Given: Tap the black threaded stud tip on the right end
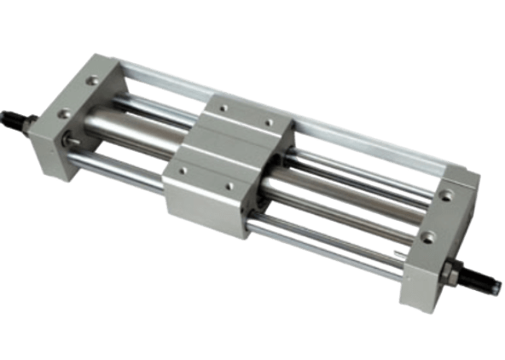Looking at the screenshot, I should pos(488,281).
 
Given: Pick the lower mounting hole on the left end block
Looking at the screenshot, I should pos(62,112).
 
